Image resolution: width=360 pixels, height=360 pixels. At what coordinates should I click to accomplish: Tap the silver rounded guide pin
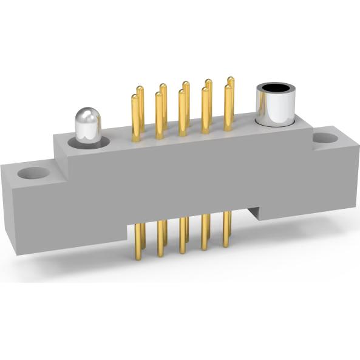tap(87, 126)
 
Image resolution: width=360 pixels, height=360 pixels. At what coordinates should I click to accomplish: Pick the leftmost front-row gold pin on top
tap(135, 118)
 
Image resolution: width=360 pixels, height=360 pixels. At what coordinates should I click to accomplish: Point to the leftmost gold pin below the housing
tap(137, 243)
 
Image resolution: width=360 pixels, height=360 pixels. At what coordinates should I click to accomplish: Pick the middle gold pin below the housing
tap(182, 238)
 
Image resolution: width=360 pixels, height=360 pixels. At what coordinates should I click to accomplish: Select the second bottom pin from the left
tap(160, 240)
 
